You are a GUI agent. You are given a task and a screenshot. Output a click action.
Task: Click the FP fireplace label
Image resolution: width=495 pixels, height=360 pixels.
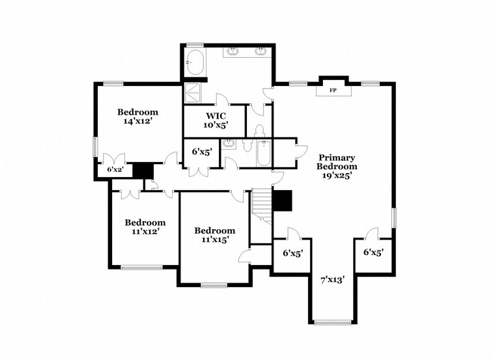[333, 90]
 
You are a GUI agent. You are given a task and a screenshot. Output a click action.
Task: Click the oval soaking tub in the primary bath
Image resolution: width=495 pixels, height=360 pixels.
[195, 66]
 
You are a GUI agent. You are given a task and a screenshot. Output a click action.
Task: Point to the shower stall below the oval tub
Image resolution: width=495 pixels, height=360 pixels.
[193, 93]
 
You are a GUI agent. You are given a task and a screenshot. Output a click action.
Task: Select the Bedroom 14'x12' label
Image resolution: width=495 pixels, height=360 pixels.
[137, 116]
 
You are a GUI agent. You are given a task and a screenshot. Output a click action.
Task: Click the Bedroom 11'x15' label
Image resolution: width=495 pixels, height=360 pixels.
[214, 235]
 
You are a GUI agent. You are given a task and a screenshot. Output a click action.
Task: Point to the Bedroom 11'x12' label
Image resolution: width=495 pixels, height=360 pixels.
[145, 227]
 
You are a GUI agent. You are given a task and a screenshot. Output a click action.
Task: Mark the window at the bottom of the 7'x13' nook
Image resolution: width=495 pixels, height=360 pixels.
[332, 322]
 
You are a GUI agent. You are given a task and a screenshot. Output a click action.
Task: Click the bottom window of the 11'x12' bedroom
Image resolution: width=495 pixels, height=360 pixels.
[141, 267]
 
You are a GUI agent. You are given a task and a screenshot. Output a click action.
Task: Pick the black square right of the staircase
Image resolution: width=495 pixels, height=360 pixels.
[283, 201]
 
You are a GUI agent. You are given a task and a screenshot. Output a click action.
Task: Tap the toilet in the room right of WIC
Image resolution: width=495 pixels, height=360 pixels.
[259, 132]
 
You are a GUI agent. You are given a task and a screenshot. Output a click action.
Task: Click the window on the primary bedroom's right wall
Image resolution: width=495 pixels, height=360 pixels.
[393, 217]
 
